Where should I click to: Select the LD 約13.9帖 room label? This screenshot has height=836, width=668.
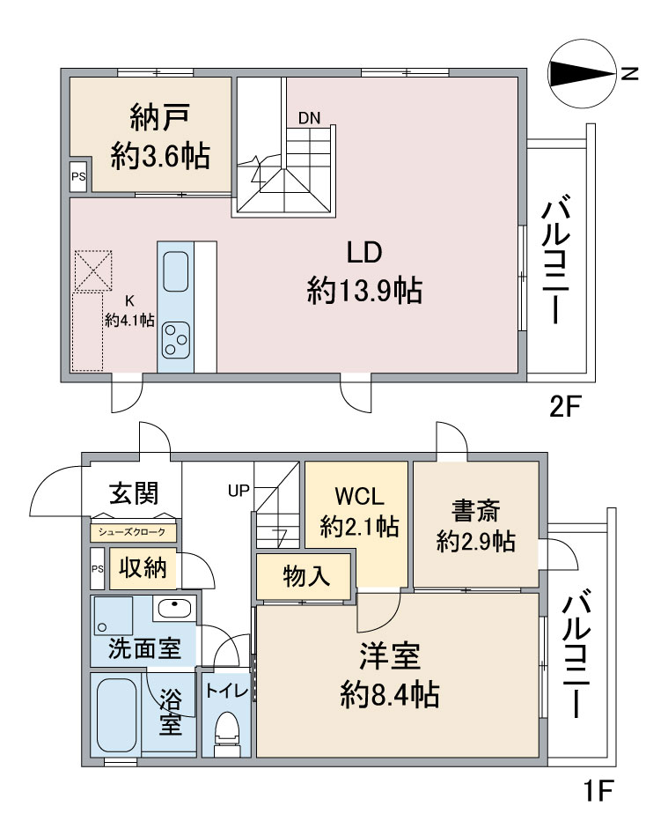[363, 271]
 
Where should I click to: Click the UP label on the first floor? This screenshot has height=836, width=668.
[239, 491]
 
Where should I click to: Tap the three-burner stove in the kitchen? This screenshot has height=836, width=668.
[175, 336]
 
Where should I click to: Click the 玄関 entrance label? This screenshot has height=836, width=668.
[133, 493]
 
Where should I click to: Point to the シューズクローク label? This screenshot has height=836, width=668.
[133, 533]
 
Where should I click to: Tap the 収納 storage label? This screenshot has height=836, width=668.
[143, 568]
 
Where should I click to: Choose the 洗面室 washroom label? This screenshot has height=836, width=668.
[144, 649]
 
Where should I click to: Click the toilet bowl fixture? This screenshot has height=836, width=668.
[227, 730]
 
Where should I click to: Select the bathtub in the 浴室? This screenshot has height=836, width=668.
[117, 714]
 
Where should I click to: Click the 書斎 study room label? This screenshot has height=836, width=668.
[476, 527]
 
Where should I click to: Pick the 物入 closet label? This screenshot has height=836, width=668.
[305, 577]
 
